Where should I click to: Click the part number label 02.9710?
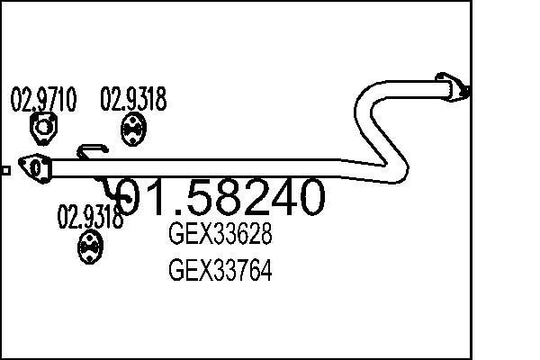click(x=42, y=98)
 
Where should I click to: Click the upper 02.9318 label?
click(x=133, y=98)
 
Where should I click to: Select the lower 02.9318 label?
click(x=90, y=217)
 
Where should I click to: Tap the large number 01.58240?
click(x=220, y=198)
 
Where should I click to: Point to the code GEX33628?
click(x=220, y=237)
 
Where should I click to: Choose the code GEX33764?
click(x=220, y=270)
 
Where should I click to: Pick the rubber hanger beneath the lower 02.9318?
click(x=89, y=245)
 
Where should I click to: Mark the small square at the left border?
click(x=4, y=168)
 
